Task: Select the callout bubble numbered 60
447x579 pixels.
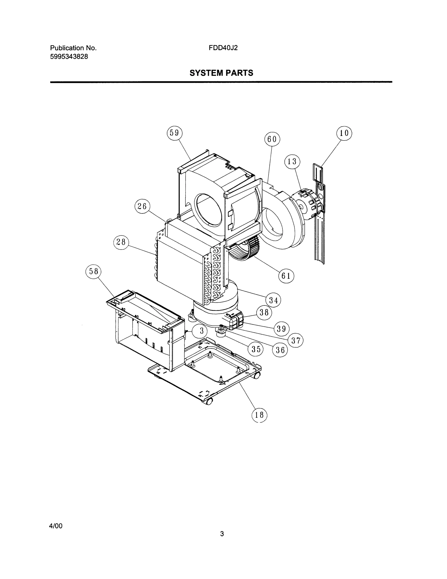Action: click(272, 139)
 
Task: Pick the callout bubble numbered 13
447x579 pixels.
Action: click(292, 161)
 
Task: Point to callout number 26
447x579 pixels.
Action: click(142, 206)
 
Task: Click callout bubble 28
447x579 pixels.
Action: click(121, 242)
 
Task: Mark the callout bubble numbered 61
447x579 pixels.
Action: click(286, 276)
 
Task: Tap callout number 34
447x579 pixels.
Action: click(273, 300)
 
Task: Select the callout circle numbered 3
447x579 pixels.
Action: click(202, 331)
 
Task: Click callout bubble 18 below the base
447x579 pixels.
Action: click(259, 415)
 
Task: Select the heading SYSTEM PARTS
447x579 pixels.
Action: click(221, 73)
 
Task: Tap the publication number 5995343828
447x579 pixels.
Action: click(69, 56)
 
